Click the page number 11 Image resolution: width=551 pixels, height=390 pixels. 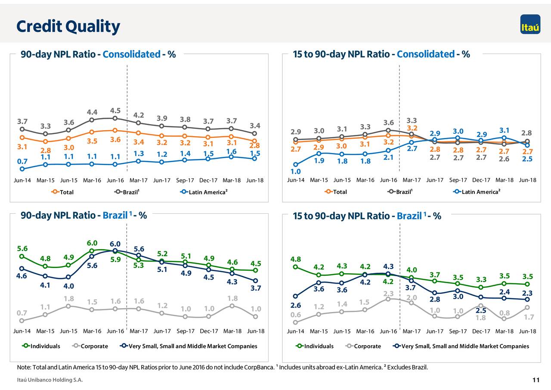[536, 380]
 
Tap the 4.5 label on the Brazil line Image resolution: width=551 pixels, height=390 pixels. [115, 110]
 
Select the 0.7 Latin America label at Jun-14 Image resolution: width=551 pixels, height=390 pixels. [22, 161]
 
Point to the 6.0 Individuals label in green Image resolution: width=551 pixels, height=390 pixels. [92, 243]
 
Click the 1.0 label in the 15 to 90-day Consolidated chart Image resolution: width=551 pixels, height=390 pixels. [295, 172]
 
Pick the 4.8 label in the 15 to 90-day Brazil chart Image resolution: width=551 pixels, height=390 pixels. [296, 259]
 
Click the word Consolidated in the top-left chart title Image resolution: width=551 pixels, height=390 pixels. [131, 55]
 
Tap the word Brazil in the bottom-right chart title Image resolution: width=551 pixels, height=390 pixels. [409, 216]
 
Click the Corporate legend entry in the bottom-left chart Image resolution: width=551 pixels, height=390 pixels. [94, 346]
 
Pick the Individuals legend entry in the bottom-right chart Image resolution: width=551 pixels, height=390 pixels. [319, 346]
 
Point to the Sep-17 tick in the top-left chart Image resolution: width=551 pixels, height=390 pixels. [185, 180]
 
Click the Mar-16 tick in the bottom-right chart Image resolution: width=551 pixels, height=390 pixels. [365, 331]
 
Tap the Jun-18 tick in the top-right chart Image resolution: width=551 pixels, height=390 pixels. [527, 180]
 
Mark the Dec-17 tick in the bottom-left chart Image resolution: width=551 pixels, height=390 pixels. [208, 331]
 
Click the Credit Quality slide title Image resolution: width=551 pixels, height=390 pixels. [68, 27]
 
